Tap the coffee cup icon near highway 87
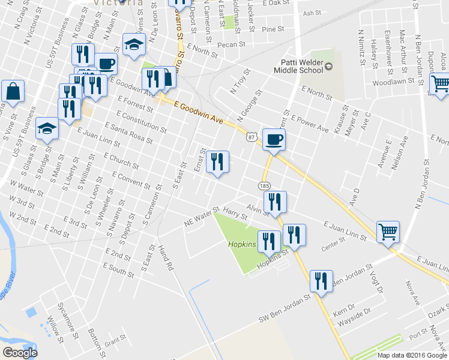[274, 139]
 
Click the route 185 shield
[265, 187]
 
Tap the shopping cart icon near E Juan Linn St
[388, 230]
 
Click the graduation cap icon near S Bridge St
[47, 128]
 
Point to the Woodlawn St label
[394, 82]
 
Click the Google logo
[20, 353]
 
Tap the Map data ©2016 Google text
[412, 355]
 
